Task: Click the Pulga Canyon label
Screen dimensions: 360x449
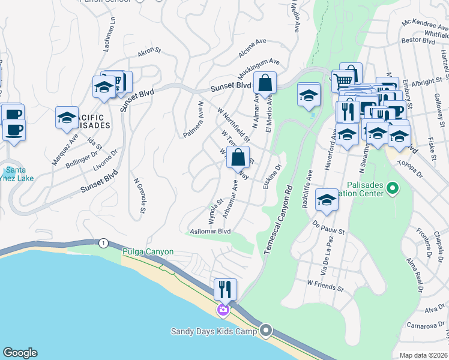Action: coord(148,252)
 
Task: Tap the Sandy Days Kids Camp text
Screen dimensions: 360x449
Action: coord(214,331)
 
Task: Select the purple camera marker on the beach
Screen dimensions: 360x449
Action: coord(223,310)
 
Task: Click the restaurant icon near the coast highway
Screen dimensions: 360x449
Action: coord(225,290)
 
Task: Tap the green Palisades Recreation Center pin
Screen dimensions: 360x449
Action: coord(393,189)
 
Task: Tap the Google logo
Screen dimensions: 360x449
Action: coord(20,353)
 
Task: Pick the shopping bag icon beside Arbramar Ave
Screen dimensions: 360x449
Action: coord(238,158)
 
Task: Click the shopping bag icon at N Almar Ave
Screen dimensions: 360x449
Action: coord(264,85)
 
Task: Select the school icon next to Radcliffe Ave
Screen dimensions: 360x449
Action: coord(327,200)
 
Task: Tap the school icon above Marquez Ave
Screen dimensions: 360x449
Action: coord(67,118)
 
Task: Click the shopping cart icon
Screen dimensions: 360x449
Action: coord(343,80)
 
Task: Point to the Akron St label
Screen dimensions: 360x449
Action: coord(146,53)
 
